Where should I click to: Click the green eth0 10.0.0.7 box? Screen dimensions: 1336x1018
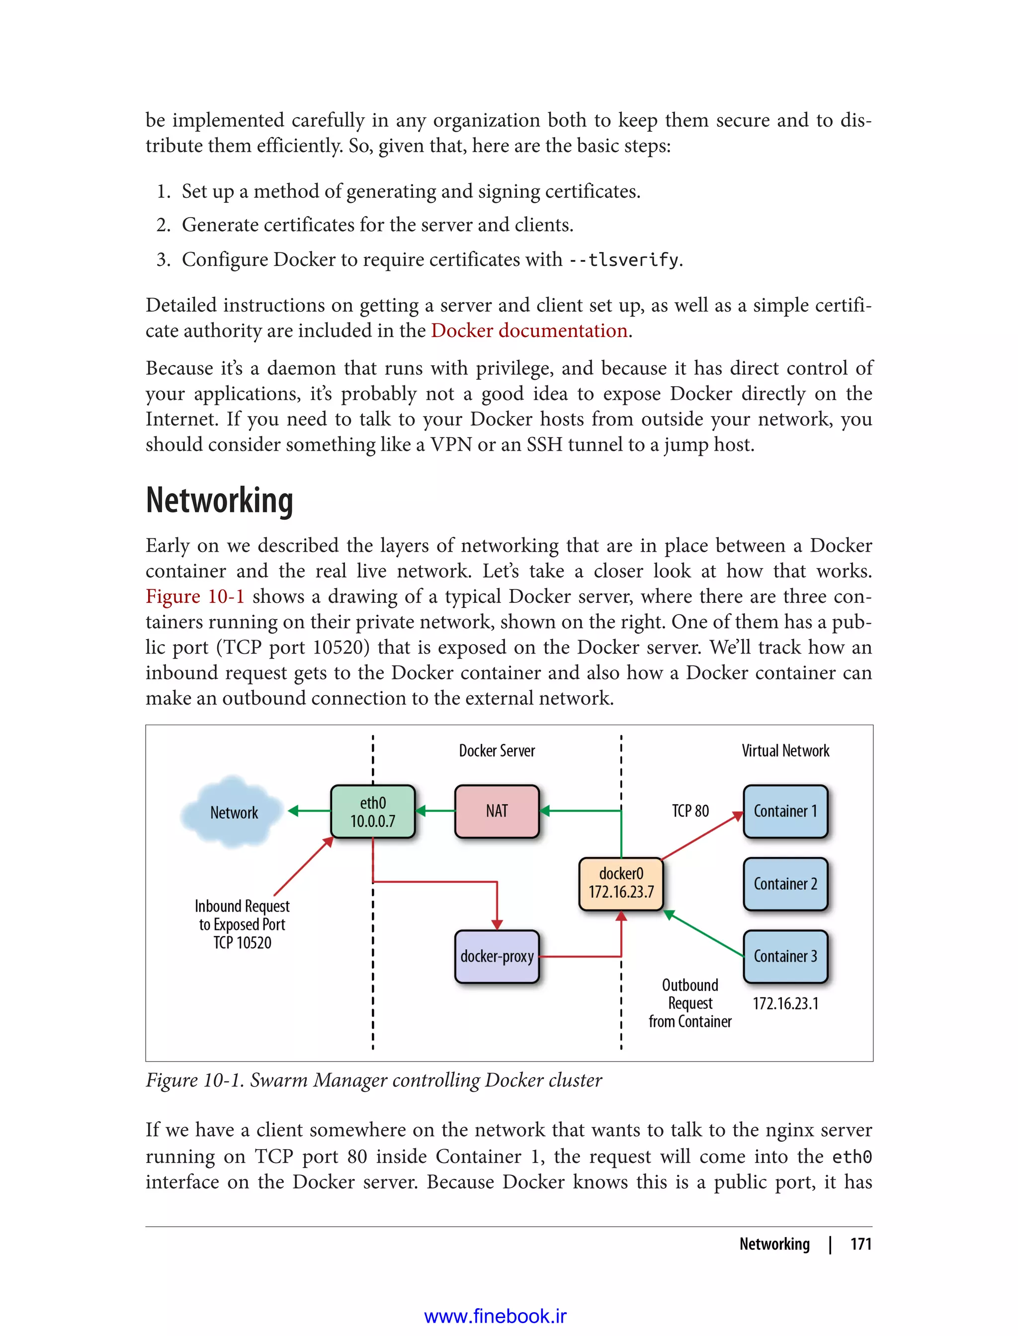pyautogui.click(x=373, y=811)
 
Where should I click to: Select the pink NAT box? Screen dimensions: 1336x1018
pyautogui.click(x=496, y=811)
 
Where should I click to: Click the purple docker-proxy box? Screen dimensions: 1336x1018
pyautogui.click(x=496, y=956)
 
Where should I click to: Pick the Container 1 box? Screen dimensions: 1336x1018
pyautogui.click(x=785, y=811)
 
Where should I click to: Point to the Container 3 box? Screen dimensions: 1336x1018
pyautogui.click(x=785, y=956)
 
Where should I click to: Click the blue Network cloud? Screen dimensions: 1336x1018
pyautogui.click(x=233, y=813)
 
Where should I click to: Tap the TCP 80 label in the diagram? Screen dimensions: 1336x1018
pyautogui.click(x=689, y=811)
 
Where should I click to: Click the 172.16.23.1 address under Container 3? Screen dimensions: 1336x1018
pyautogui.click(x=785, y=1003)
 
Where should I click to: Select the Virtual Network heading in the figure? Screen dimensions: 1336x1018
pyautogui.click(x=785, y=751)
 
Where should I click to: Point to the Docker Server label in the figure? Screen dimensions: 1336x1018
pyautogui.click(x=496, y=751)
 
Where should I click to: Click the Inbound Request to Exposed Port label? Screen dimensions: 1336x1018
pyautogui.click(x=242, y=924)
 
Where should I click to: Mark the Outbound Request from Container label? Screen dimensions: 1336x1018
pyautogui.click(x=689, y=1003)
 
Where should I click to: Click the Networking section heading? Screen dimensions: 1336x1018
pyautogui.click(x=219, y=501)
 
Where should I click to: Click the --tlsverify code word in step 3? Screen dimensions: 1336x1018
pyautogui.click(x=623, y=260)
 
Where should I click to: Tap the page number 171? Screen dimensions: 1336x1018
pyautogui.click(x=860, y=1244)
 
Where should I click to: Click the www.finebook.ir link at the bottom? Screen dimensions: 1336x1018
pyautogui.click(x=495, y=1316)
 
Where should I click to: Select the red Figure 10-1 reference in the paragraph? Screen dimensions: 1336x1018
pyautogui.click(x=194, y=596)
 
